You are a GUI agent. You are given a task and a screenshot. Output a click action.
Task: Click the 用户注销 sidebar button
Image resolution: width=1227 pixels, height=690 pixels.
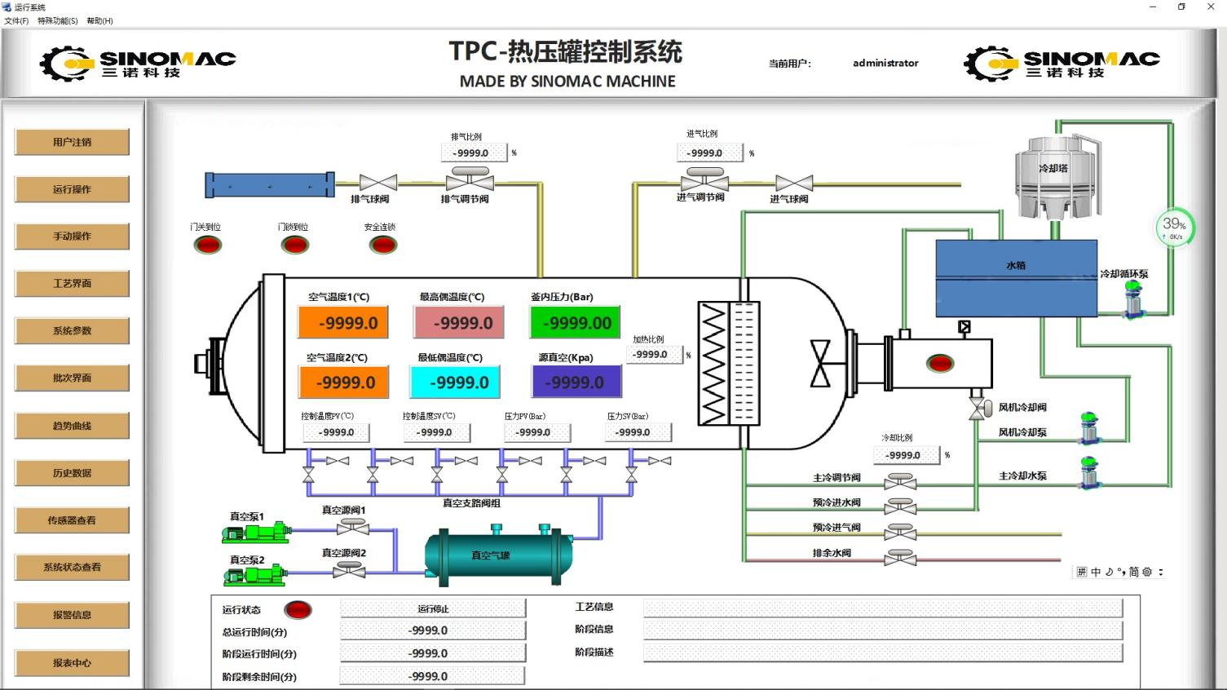(72, 142)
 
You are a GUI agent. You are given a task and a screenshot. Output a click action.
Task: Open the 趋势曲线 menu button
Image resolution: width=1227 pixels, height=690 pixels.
(72, 426)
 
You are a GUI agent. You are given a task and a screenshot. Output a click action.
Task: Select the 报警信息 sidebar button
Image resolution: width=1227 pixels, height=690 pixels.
(72, 615)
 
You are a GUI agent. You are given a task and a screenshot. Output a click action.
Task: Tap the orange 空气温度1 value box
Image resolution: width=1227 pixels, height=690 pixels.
(343, 323)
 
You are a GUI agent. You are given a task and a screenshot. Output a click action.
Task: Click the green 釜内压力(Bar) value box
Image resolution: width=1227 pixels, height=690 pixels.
(576, 323)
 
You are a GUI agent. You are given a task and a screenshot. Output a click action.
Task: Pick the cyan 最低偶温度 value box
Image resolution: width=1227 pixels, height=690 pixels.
(454, 383)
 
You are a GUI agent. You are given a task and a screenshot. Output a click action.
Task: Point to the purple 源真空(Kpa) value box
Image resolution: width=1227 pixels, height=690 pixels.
(576, 383)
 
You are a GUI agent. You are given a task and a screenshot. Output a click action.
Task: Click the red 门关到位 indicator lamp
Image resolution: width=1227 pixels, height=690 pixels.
(208, 245)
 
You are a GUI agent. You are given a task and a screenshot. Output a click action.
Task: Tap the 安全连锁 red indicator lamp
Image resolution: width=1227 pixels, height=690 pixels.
(382, 245)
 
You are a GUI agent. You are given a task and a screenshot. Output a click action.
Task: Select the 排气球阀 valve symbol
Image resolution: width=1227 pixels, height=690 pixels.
(377, 184)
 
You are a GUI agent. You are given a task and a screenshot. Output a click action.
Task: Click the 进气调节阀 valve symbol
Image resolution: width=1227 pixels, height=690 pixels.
(704, 180)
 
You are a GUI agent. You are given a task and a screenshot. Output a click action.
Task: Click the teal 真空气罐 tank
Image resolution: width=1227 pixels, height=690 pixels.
(498, 555)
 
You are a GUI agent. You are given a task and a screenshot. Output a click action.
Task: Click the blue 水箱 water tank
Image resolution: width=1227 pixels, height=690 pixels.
(1016, 277)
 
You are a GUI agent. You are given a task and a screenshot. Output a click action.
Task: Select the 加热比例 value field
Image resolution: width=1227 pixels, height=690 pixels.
(653, 355)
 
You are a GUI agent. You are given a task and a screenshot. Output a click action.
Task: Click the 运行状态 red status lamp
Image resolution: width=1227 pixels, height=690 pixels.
(298, 609)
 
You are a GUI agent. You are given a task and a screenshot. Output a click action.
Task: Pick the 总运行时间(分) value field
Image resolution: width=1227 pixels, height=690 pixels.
(431, 630)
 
